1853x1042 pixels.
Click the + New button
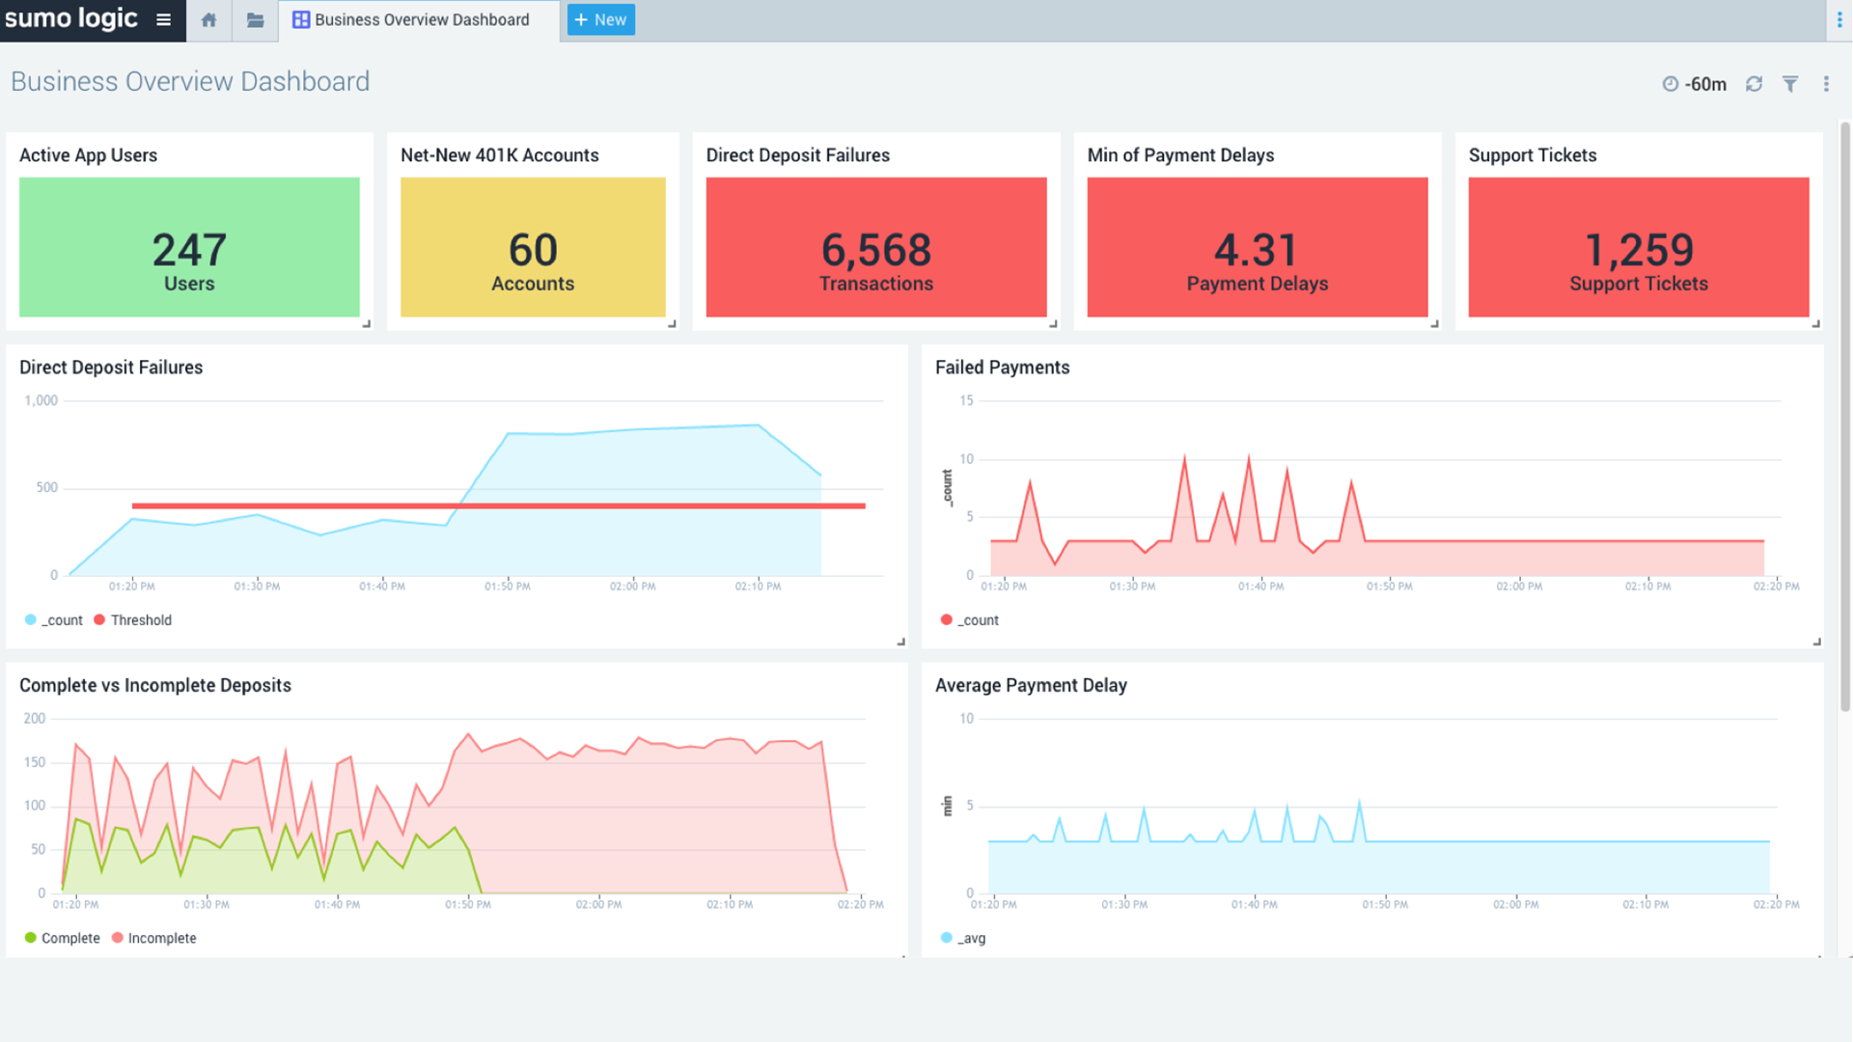point(600,19)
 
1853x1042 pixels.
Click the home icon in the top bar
point(208,19)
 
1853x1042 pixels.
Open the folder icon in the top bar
point(255,19)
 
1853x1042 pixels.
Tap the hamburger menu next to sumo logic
point(164,19)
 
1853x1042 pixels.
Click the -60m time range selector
point(1696,84)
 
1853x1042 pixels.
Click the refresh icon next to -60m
point(1754,84)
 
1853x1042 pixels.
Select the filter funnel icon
point(1789,84)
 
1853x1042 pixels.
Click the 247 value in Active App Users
point(189,250)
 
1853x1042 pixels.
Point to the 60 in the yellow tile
point(533,250)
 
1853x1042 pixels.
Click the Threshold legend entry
point(141,620)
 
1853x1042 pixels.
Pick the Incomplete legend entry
point(161,938)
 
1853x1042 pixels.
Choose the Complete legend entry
point(69,938)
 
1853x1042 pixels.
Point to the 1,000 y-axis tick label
point(41,400)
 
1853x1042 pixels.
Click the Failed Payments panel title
point(1002,368)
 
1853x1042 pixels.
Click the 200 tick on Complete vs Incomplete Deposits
point(35,719)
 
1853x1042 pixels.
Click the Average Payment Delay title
point(1031,685)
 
